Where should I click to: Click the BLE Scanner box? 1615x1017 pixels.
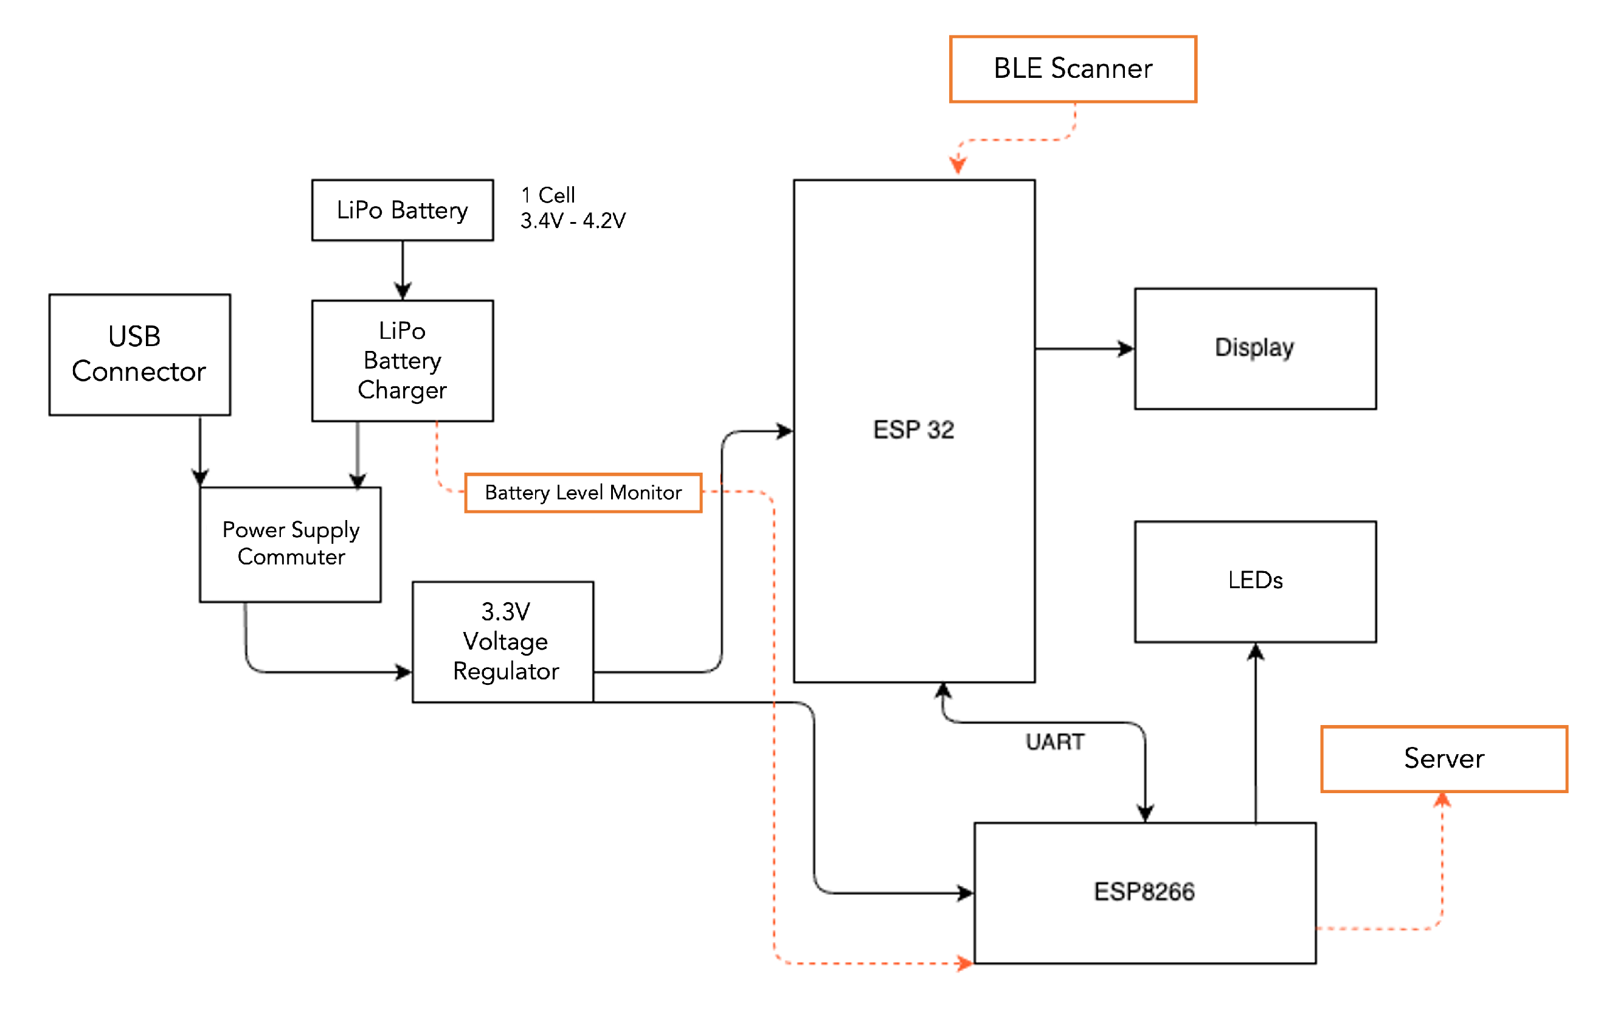click(1073, 69)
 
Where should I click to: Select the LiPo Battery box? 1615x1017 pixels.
click(403, 210)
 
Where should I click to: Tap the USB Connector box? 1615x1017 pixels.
click(139, 354)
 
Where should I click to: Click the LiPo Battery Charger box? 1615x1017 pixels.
click(403, 360)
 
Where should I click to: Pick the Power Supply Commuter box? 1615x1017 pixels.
click(291, 544)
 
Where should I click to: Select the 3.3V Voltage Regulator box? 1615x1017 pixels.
click(502, 641)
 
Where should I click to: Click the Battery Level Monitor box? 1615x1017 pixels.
click(583, 493)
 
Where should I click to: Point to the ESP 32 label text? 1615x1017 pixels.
click(913, 429)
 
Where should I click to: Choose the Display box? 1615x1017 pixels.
click(1255, 348)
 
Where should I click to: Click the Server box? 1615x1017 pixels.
click(1444, 758)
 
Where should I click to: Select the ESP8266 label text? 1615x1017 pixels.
click(1144, 892)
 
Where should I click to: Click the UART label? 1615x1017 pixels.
click(1054, 742)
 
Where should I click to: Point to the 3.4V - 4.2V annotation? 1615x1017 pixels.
click(573, 221)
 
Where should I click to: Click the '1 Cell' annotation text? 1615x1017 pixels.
click(548, 195)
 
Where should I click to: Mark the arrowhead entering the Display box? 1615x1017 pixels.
click(1126, 349)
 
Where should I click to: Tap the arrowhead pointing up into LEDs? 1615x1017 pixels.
click(1256, 651)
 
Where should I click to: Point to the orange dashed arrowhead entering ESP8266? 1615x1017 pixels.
click(965, 963)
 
